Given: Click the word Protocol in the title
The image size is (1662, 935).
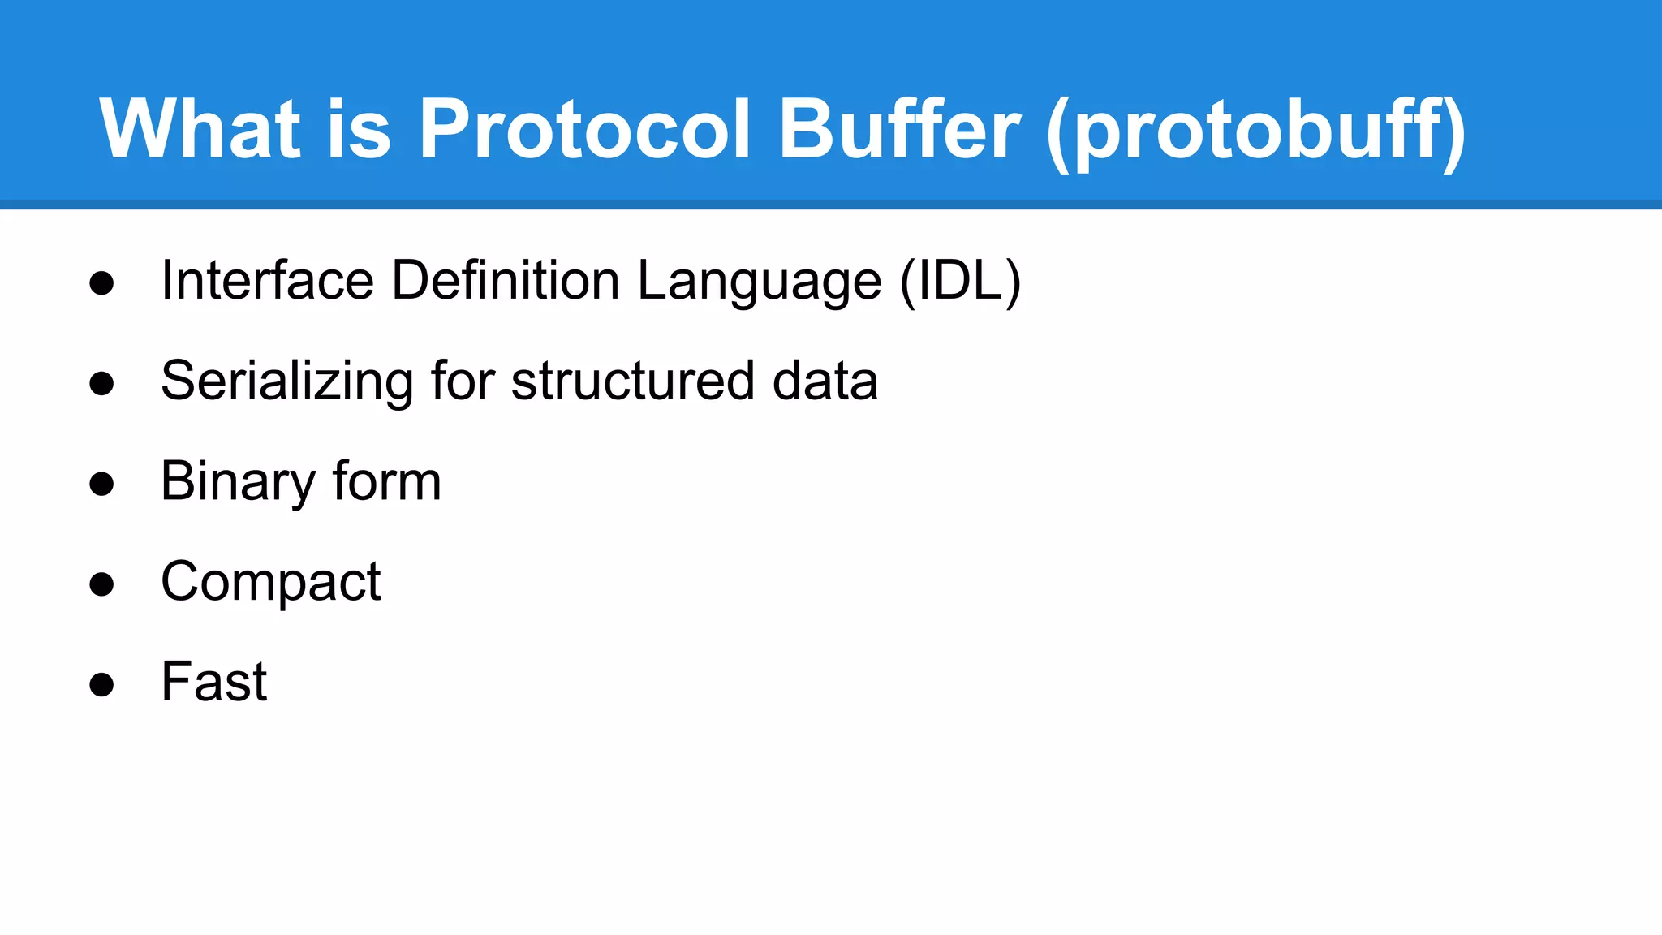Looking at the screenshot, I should [583, 130].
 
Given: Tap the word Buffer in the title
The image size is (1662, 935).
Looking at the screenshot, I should [898, 130].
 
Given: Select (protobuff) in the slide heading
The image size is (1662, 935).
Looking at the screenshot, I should [1256, 131].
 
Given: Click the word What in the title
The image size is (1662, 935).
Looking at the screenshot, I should [200, 130].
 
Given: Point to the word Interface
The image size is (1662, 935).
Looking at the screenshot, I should [267, 281].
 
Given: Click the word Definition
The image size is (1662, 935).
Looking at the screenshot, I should [506, 281].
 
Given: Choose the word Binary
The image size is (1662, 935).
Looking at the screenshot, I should [238, 482].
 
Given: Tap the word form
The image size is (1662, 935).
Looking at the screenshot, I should [386, 480].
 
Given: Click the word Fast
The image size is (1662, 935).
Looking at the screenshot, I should [214, 681].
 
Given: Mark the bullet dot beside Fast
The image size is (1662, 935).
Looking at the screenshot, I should [101, 684].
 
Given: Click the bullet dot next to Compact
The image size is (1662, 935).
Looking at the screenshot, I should [101, 584].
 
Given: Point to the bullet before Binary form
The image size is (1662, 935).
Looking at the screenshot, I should [101, 485].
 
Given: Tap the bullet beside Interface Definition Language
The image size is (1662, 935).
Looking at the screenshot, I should [101, 284].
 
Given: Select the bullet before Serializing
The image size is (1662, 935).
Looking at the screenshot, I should [101, 384].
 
